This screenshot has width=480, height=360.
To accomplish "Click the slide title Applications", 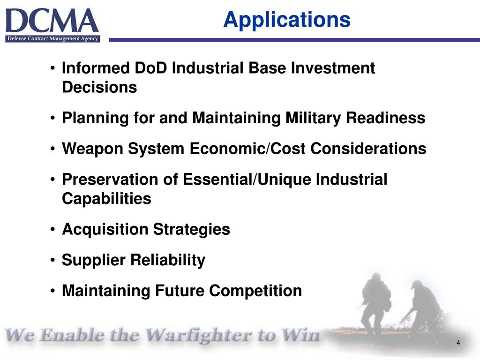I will point(286,20).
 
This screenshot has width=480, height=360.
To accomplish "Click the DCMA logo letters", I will point(52,21).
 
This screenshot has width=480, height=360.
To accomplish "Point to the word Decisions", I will point(99,88).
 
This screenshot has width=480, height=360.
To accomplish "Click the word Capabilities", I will point(106,199).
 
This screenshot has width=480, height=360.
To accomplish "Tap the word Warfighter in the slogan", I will point(196,336).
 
